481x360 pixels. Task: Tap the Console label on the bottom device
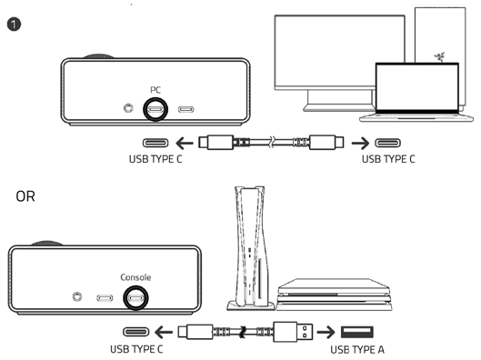[137, 276]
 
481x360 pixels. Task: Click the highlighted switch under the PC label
[155, 109]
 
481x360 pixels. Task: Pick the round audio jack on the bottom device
[77, 297]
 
